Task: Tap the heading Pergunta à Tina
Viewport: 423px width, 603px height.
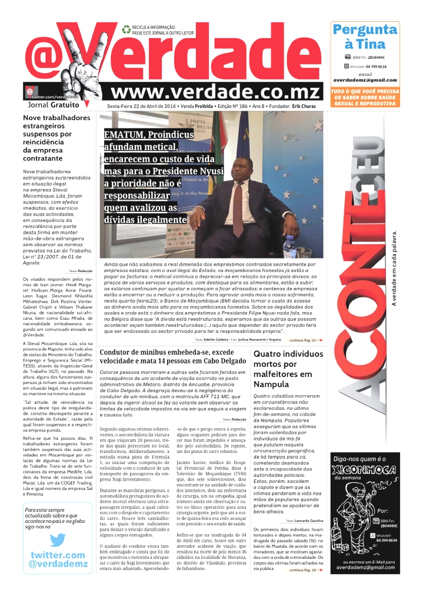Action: (365, 37)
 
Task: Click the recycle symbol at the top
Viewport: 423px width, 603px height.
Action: (126, 29)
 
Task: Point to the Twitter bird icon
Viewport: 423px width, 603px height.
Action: (57, 540)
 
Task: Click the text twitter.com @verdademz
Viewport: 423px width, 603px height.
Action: (57, 559)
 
